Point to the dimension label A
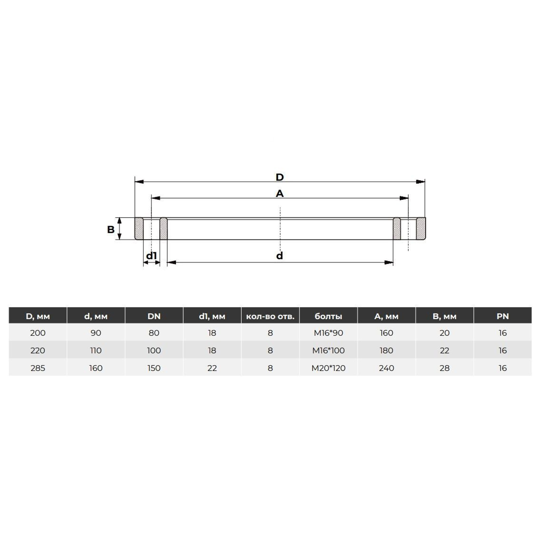280,194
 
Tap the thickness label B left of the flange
111,230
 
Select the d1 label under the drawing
152,256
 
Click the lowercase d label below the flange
280,256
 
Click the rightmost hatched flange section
421,229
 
